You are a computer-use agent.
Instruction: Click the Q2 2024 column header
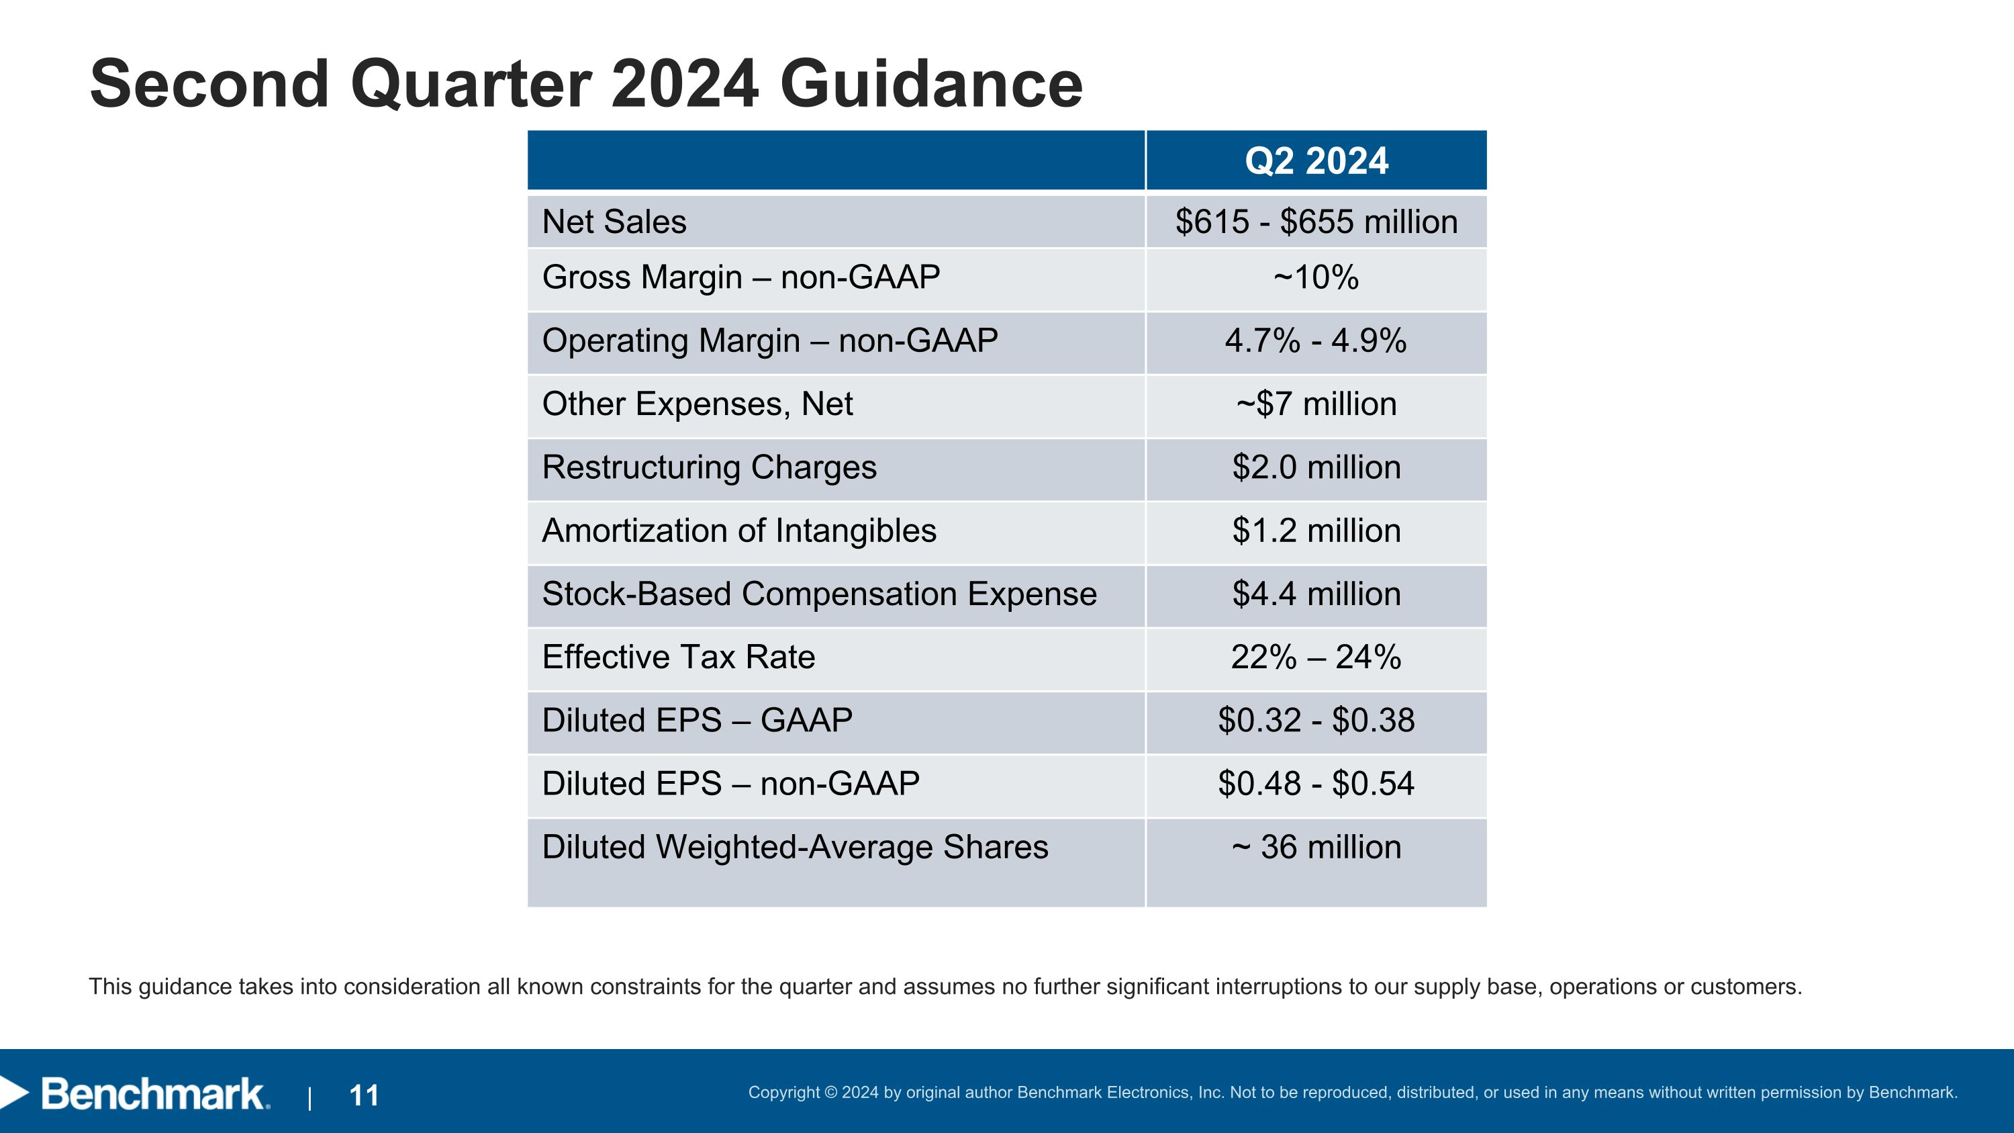tap(1316, 161)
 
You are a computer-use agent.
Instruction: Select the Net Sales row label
tap(614, 222)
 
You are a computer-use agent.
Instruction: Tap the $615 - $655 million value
tap(1316, 222)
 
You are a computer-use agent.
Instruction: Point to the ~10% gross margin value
tap(1316, 277)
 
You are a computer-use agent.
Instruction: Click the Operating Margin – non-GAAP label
tap(769, 341)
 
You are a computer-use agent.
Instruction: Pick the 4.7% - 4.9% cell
tap(1316, 341)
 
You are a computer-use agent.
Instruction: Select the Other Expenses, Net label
tap(697, 404)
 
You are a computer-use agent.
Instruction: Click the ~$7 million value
tap(1316, 404)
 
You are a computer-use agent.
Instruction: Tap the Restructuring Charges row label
tap(709, 467)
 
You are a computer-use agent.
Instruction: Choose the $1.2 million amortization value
tap(1316, 531)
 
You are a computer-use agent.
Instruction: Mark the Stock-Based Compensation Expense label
tap(819, 594)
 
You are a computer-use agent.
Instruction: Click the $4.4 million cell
tap(1316, 594)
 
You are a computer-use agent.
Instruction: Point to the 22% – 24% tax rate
tap(1316, 658)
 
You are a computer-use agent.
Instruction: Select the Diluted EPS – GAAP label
tap(697, 721)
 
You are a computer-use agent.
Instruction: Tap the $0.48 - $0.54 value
tap(1316, 784)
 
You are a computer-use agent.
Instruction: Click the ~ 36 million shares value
tap(1316, 848)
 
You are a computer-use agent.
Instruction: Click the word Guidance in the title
tap(930, 85)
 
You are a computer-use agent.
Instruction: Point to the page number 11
tap(365, 1095)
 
